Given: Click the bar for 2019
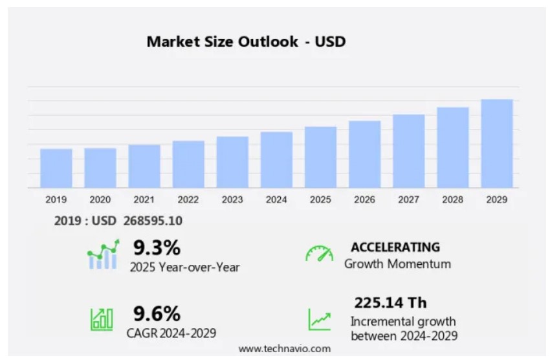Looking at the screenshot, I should click(56, 168).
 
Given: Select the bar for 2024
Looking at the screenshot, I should click(276, 160).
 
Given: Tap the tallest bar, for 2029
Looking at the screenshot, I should click(497, 144).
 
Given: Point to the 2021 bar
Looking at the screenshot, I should click(144, 166).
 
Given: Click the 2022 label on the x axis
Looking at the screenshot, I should click(188, 199).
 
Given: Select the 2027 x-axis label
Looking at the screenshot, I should click(408, 199).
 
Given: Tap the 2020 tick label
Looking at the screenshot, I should click(100, 199).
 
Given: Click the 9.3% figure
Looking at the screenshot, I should click(157, 247).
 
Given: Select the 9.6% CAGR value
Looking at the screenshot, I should click(157, 314).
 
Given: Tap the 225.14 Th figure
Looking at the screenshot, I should click(390, 302).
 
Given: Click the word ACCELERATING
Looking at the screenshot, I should click(395, 247).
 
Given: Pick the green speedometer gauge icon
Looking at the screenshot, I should click(319, 253).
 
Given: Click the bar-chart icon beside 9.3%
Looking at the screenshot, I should click(103, 254).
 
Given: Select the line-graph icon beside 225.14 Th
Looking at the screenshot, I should click(319, 319).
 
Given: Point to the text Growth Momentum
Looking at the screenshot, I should click(397, 264).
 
